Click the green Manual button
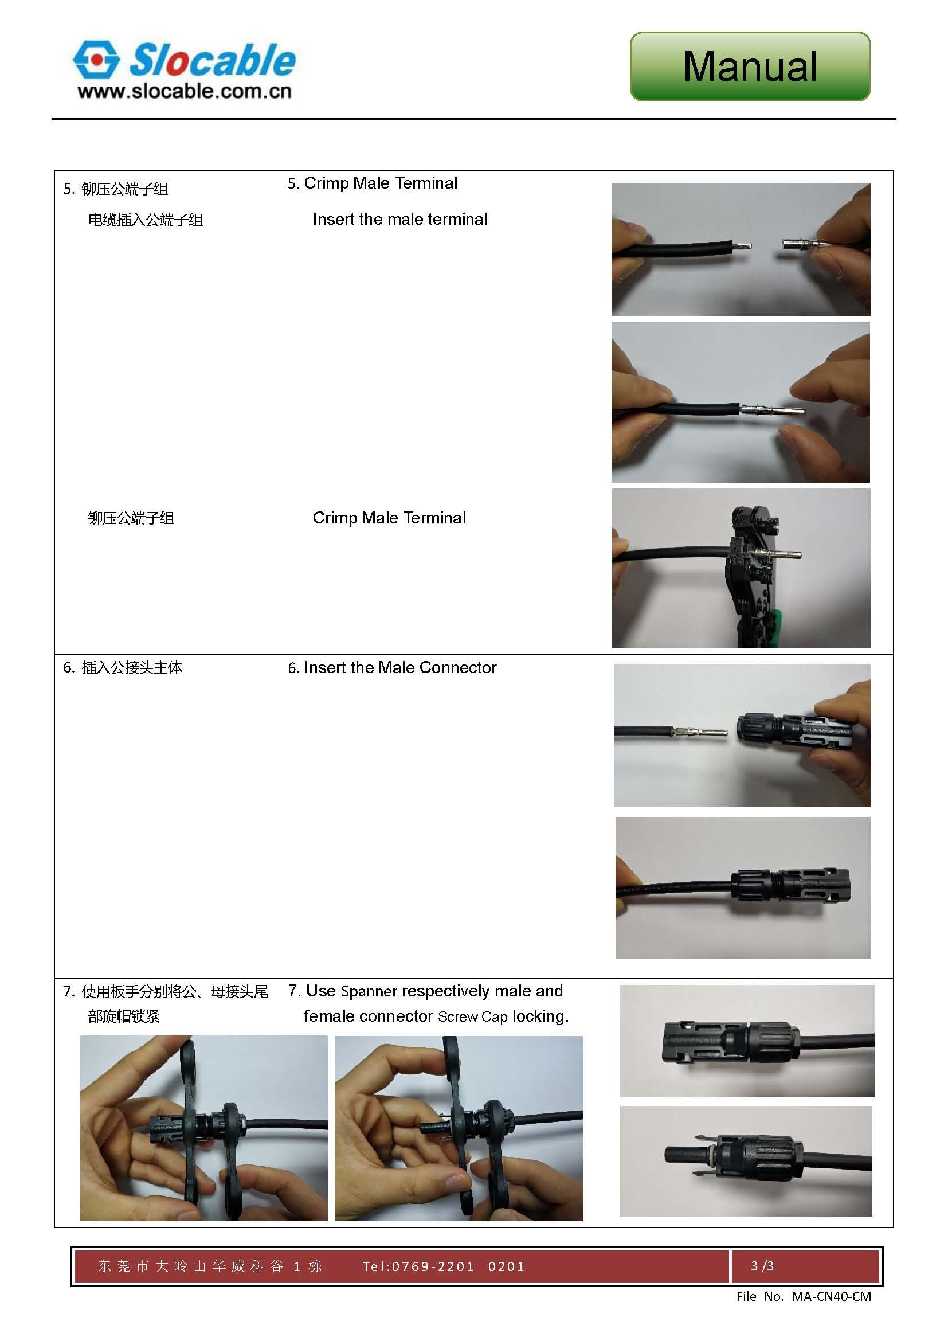(750, 67)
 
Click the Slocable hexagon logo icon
(96, 59)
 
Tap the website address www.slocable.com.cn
(184, 92)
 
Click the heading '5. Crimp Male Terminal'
(373, 183)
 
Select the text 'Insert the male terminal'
(400, 220)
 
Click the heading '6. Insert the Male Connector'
(392, 667)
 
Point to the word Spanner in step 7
(369, 991)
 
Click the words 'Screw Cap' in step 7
(472, 1017)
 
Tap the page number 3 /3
(762, 1266)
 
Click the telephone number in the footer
(444, 1266)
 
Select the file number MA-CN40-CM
(831, 1297)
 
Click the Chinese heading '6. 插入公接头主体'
(123, 667)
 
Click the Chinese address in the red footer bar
(210, 1266)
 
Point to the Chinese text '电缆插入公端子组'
(146, 220)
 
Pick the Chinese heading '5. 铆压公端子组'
(116, 189)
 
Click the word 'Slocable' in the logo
(212, 60)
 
